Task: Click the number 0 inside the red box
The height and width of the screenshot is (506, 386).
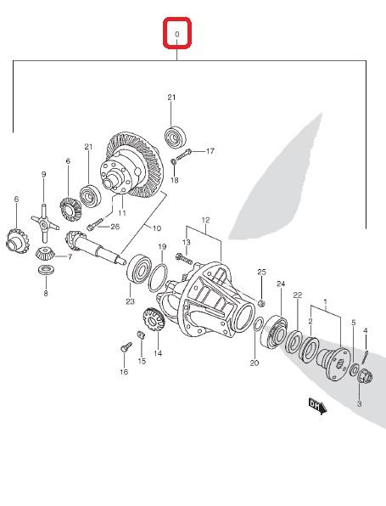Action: [176, 34]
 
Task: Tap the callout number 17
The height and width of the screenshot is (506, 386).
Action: [210, 151]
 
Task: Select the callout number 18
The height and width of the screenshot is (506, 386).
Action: [174, 180]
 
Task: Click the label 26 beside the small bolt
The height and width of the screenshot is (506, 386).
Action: [115, 227]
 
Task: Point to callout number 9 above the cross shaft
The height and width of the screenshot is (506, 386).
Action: [43, 174]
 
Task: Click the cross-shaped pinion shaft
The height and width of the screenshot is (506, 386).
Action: [45, 223]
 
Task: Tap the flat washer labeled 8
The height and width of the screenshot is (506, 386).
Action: [46, 270]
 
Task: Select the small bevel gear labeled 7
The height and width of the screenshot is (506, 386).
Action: [44, 253]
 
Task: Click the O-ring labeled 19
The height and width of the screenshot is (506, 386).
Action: [158, 278]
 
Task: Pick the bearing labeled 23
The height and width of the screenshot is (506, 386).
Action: [137, 269]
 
